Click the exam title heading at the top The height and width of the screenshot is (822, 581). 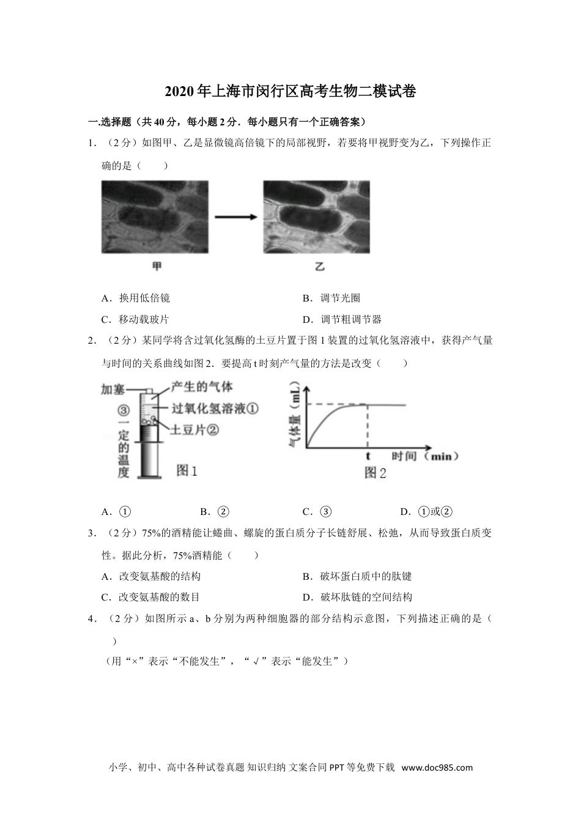[x=290, y=92]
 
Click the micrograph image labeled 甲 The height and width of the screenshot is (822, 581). [x=155, y=217]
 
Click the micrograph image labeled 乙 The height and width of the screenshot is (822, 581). [x=317, y=217]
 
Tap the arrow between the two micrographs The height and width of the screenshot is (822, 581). [x=235, y=217]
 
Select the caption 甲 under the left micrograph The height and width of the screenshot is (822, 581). [x=157, y=266]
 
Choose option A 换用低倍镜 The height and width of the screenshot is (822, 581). [x=136, y=298]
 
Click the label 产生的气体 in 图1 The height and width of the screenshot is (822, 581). [x=202, y=387]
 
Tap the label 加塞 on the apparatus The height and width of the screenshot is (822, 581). [x=113, y=389]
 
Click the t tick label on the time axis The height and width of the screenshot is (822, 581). [x=368, y=456]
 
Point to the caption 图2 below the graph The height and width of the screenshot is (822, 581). [x=375, y=473]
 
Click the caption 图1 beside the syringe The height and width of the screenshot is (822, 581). [x=187, y=470]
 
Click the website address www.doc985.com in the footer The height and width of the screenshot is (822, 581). [x=437, y=768]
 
